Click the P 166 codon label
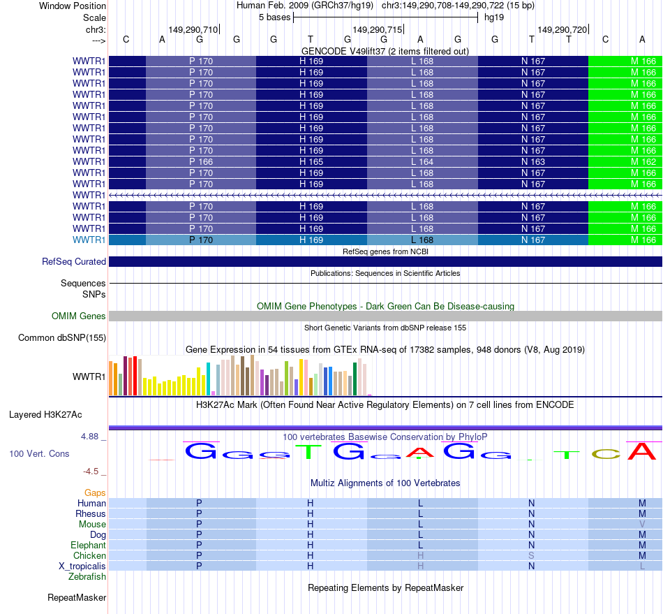pyautogui.click(x=201, y=161)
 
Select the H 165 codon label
pyautogui.click(x=311, y=161)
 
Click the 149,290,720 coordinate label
pyautogui.click(x=562, y=29)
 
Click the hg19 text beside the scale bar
pyautogui.click(x=494, y=17)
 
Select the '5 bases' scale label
pyautogui.click(x=273, y=17)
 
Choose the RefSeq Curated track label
pyautogui.click(x=74, y=262)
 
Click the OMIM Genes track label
pyautogui.click(x=79, y=316)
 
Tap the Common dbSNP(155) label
pyautogui.click(x=62, y=338)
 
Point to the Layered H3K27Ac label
pyautogui.click(x=45, y=414)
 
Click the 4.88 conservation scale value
pyautogui.click(x=91, y=437)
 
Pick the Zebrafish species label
pyautogui.click(x=87, y=576)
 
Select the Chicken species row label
pyautogui.click(x=91, y=555)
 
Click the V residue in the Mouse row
pyautogui.click(x=642, y=524)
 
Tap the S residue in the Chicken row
pyautogui.click(x=531, y=555)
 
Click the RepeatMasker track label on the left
pyautogui.click(x=77, y=598)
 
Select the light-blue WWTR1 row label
pyautogui.click(x=89, y=240)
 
